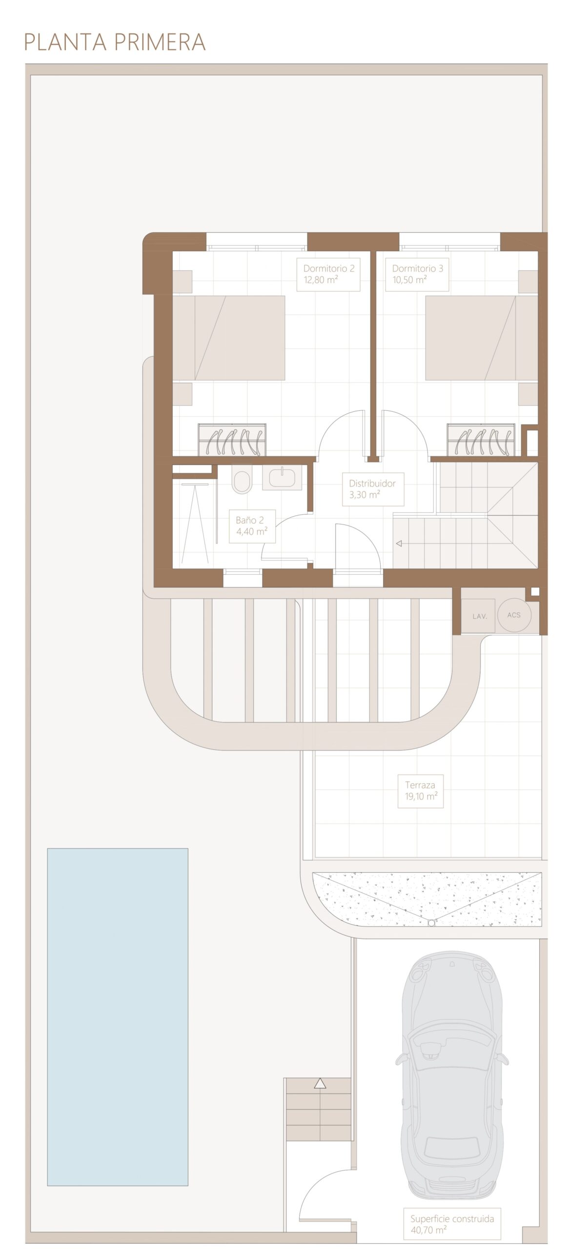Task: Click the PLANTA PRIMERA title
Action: click(x=115, y=42)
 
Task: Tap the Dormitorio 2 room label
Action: click(x=328, y=274)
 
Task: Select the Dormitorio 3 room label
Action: click(x=417, y=274)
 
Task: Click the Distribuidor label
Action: click(x=373, y=489)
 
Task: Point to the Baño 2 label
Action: click(x=252, y=526)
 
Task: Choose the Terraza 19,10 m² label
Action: click(x=421, y=791)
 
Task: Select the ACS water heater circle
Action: click(x=514, y=615)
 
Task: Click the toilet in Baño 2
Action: click(x=242, y=479)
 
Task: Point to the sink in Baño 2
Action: click(x=282, y=477)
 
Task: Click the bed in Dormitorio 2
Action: click(x=229, y=338)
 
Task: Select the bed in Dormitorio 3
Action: click(x=482, y=338)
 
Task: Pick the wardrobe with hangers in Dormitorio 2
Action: click(x=232, y=440)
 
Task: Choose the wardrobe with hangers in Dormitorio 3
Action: click(x=481, y=440)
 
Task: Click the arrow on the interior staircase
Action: click(x=399, y=544)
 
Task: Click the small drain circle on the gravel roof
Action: click(x=431, y=923)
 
